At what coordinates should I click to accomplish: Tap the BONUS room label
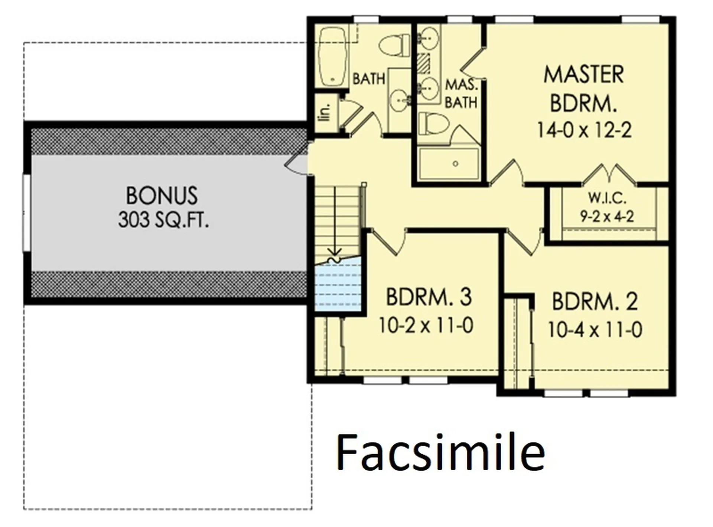(162, 195)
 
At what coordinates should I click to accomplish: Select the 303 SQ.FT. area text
(163, 220)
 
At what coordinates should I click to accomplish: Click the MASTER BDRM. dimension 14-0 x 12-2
(584, 130)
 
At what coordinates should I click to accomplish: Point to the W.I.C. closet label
(607, 198)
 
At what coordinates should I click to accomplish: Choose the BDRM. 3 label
(429, 297)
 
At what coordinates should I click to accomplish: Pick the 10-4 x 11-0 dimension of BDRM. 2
(595, 329)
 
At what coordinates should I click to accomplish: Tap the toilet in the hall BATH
(394, 45)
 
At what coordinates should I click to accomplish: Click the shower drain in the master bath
(455, 164)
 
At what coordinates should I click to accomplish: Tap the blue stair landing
(338, 285)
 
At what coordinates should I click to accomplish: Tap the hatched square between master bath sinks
(424, 64)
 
